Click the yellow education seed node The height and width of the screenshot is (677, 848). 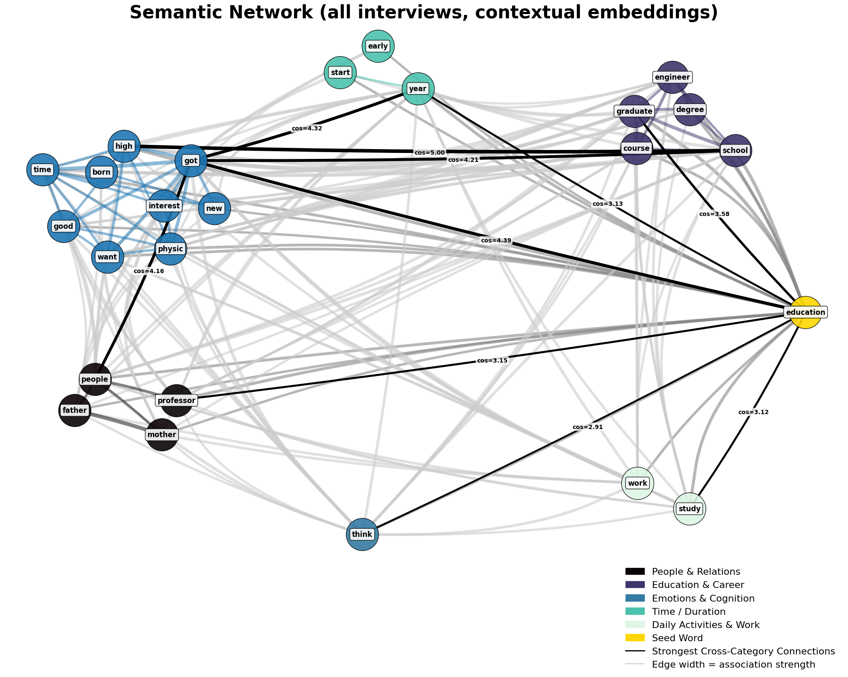click(x=805, y=312)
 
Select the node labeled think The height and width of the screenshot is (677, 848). click(x=362, y=534)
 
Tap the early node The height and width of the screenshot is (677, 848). click(x=378, y=46)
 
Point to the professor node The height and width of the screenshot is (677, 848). click(x=176, y=400)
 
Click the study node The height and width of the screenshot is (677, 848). click(x=689, y=509)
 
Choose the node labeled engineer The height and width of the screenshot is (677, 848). click(x=672, y=77)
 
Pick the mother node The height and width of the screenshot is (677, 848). click(x=162, y=435)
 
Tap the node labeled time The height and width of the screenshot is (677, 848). click(x=43, y=170)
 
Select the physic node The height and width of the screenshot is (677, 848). click(x=170, y=249)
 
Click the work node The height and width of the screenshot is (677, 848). click(x=637, y=483)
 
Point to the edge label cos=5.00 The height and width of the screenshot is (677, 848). click(x=429, y=153)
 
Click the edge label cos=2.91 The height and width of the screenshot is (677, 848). click(x=588, y=427)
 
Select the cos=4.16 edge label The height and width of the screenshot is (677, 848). click(x=149, y=271)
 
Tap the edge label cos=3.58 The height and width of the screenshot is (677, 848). click(x=714, y=214)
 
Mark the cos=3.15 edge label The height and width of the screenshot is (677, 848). click(x=492, y=360)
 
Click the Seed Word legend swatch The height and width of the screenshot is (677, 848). click(x=635, y=638)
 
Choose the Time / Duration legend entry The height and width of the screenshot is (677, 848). click(x=689, y=611)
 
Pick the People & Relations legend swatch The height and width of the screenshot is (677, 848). click(x=635, y=571)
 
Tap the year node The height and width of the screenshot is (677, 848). click(x=418, y=89)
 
